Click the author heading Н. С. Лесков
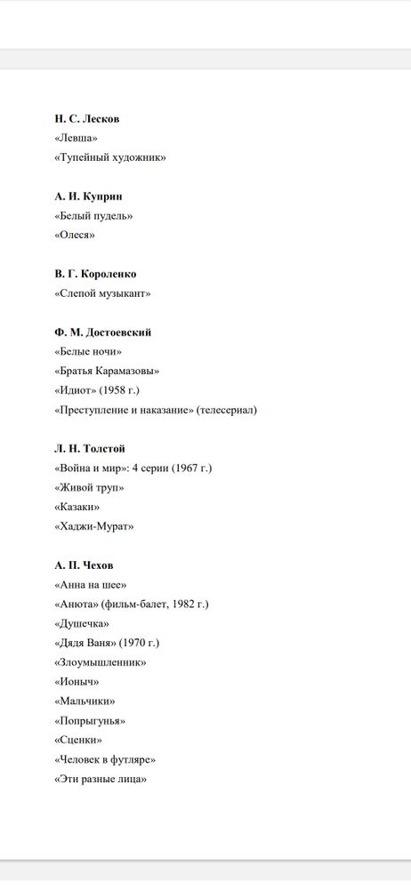pyautogui.click(x=86, y=119)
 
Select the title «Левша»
pyautogui.click(x=76, y=139)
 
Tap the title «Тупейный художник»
pyautogui.click(x=110, y=158)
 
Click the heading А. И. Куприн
pyautogui.click(x=88, y=196)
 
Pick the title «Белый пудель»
pyautogui.click(x=93, y=216)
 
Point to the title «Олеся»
pyautogui.click(x=74, y=236)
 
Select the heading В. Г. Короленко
pyautogui.click(x=95, y=274)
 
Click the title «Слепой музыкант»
pyautogui.click(x=102, y=293)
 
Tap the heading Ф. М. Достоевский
pyautogui.click(x=102, y=332)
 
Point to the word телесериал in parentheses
pyautogui.click(x=226, y=410)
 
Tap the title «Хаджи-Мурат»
pyautogui.click(x=93, y=526)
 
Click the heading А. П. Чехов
pyautogui.click(x=84, y=565)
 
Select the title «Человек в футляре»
pyautogui.click(x=105, y=759)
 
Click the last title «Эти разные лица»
pyautogui.click(x=101, y=779)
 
